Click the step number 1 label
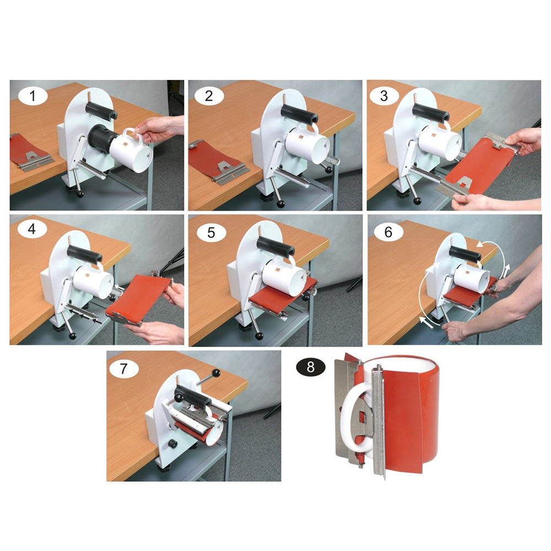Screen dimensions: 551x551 pyautogui.click(x=33, y=96)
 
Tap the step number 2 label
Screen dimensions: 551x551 pyautogui.click(x=209, y=96)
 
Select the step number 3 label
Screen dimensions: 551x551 pyautogui.click(x=384, y=95)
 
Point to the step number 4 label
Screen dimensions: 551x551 pyautogui.click(x=31, y=229)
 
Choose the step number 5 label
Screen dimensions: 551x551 pyautogui.click(x=211, y=233)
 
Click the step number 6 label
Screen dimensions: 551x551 pyautogui.click(x=388, y=232)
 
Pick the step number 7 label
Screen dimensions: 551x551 pyautogui.click(x=123, y=369)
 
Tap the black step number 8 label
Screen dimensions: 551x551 pyautogui.click(x=311, y=367)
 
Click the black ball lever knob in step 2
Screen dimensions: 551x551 pyautogui.click(x=281, y=203)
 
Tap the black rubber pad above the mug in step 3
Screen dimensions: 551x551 pyautogui.click(x=431, y=113)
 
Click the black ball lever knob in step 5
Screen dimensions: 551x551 pyautogui.click(x=260, y=336)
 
